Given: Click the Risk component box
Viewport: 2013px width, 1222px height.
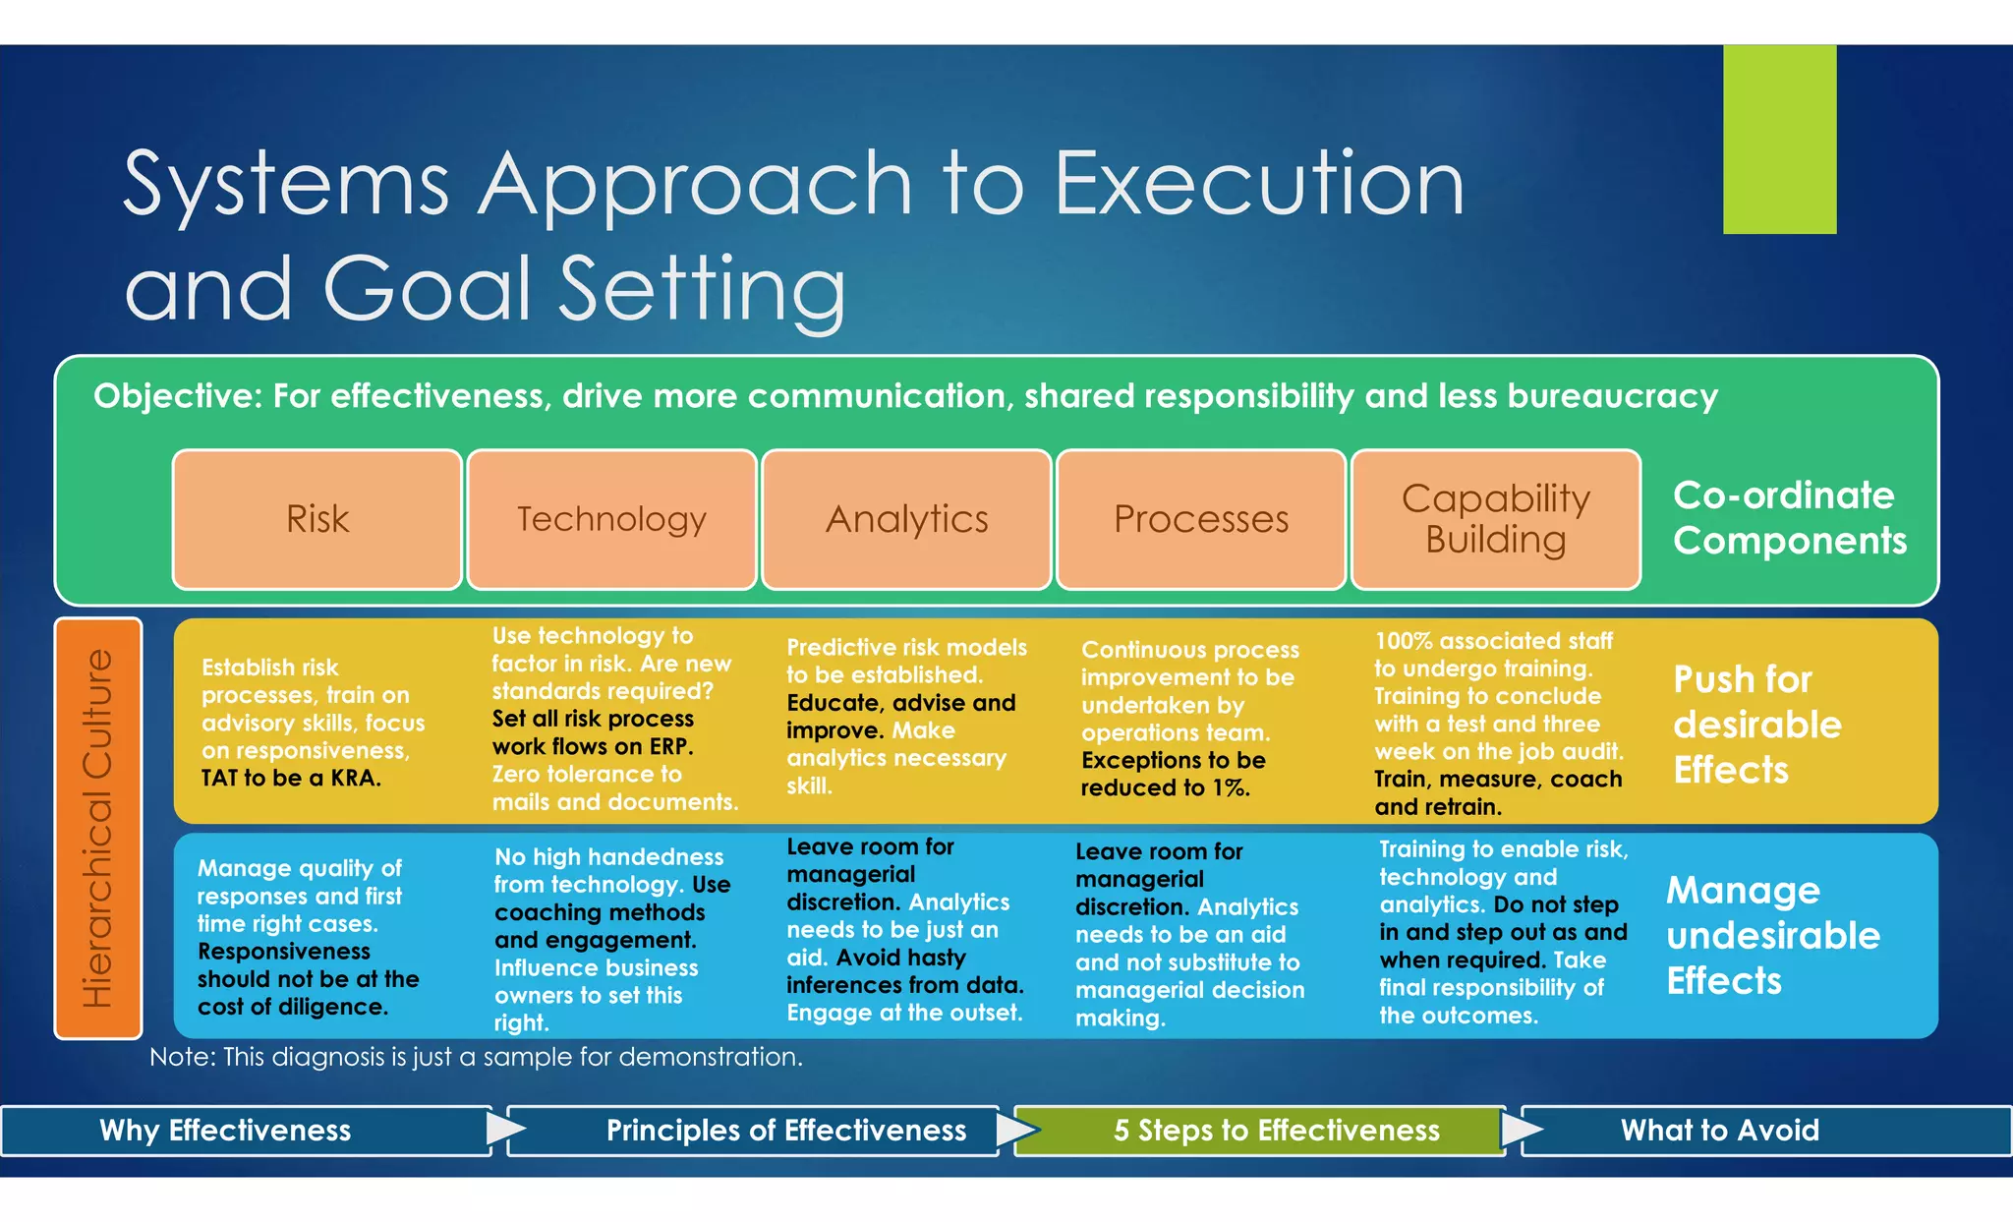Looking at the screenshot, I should (x=316, y=519).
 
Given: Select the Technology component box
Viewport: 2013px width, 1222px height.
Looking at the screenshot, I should (x=611, y=519).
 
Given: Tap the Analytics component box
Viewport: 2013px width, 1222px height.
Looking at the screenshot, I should (x=906, y=519).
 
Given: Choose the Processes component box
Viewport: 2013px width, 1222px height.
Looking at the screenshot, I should (x=1200, y=519).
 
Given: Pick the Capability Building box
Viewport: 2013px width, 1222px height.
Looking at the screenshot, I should (x=1495, y=519).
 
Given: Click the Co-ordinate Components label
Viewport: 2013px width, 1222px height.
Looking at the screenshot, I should (x=1789, y=518).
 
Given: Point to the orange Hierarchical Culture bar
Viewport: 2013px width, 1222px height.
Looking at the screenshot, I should (x=98, y=828).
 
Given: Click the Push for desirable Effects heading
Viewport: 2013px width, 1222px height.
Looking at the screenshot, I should (x=1756, y=725).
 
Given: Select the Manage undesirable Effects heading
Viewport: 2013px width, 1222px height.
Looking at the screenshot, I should (x=1772, y=935).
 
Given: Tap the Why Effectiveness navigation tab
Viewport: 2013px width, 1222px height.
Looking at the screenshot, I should (x=226, y=1131).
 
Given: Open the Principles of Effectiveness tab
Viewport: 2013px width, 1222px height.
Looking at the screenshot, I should (x=785, y=1131).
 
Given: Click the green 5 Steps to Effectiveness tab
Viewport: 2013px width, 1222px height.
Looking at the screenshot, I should (x=1276, y=1131).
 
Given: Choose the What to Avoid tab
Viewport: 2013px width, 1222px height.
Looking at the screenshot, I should (x=1719, y=1131).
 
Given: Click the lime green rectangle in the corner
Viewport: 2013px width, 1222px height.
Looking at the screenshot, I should (x=1779, y=140).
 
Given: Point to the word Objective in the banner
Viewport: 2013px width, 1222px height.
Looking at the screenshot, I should (x=177, y=396).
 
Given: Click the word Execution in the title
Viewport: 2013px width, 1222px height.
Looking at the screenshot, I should (x=1259, y=184).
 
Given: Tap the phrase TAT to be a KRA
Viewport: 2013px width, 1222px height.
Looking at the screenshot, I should (x=291, y=779).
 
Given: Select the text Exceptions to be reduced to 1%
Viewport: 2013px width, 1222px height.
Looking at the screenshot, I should (x=1173, y=774).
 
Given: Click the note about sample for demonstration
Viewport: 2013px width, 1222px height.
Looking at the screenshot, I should (x=476, y=1057).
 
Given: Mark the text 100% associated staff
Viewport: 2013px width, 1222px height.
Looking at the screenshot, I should (x=1493, y=641).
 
